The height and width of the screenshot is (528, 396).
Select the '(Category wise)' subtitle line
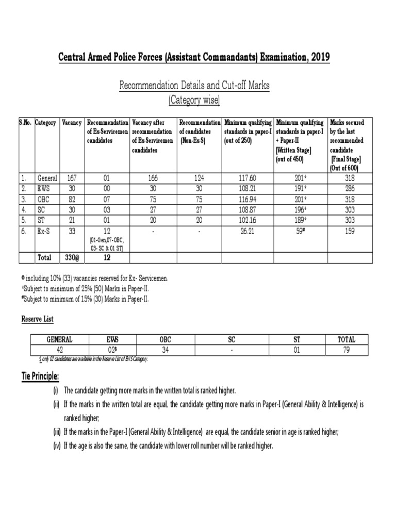(x=194, y=101)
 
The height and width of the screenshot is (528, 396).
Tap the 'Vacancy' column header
(x=72, y=123)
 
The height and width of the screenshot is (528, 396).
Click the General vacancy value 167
(x=72, y=178)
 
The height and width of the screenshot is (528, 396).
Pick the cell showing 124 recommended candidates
(x=199, y=178)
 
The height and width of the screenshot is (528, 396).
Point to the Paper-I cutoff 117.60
(x=248, y=178)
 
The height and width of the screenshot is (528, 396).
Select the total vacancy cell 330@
(x=72, y=257)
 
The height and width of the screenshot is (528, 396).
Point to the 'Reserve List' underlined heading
(x=37, y=320)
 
